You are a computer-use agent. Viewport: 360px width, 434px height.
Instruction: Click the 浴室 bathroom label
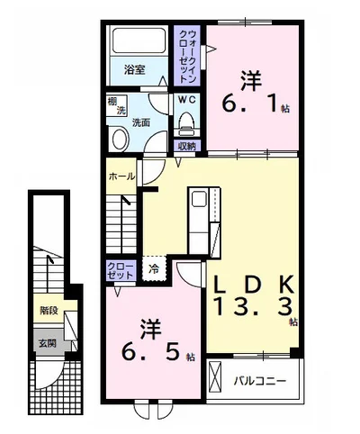[135, 69]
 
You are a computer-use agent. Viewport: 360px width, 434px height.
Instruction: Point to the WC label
[187, 100]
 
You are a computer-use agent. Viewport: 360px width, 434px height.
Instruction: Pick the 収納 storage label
[187, 146]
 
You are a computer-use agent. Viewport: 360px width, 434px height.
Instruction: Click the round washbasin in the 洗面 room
[121, 140]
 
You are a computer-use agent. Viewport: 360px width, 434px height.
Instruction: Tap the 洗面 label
[141, 122]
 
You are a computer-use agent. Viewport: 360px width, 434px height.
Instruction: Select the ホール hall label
[121, 176]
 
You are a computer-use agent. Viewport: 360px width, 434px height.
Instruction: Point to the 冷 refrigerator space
[154, 268]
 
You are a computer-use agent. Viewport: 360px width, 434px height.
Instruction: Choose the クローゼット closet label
[121, 271]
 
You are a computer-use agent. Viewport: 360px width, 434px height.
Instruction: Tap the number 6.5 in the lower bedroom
[150, 352]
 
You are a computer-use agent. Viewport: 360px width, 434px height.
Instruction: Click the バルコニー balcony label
[260, 381]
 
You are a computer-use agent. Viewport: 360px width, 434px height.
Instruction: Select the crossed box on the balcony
[215, 376]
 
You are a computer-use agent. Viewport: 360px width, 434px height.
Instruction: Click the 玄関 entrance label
[48, 343]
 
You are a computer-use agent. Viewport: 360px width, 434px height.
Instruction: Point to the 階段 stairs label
[49, 311]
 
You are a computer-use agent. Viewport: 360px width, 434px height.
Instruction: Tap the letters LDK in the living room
[254, 285]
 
